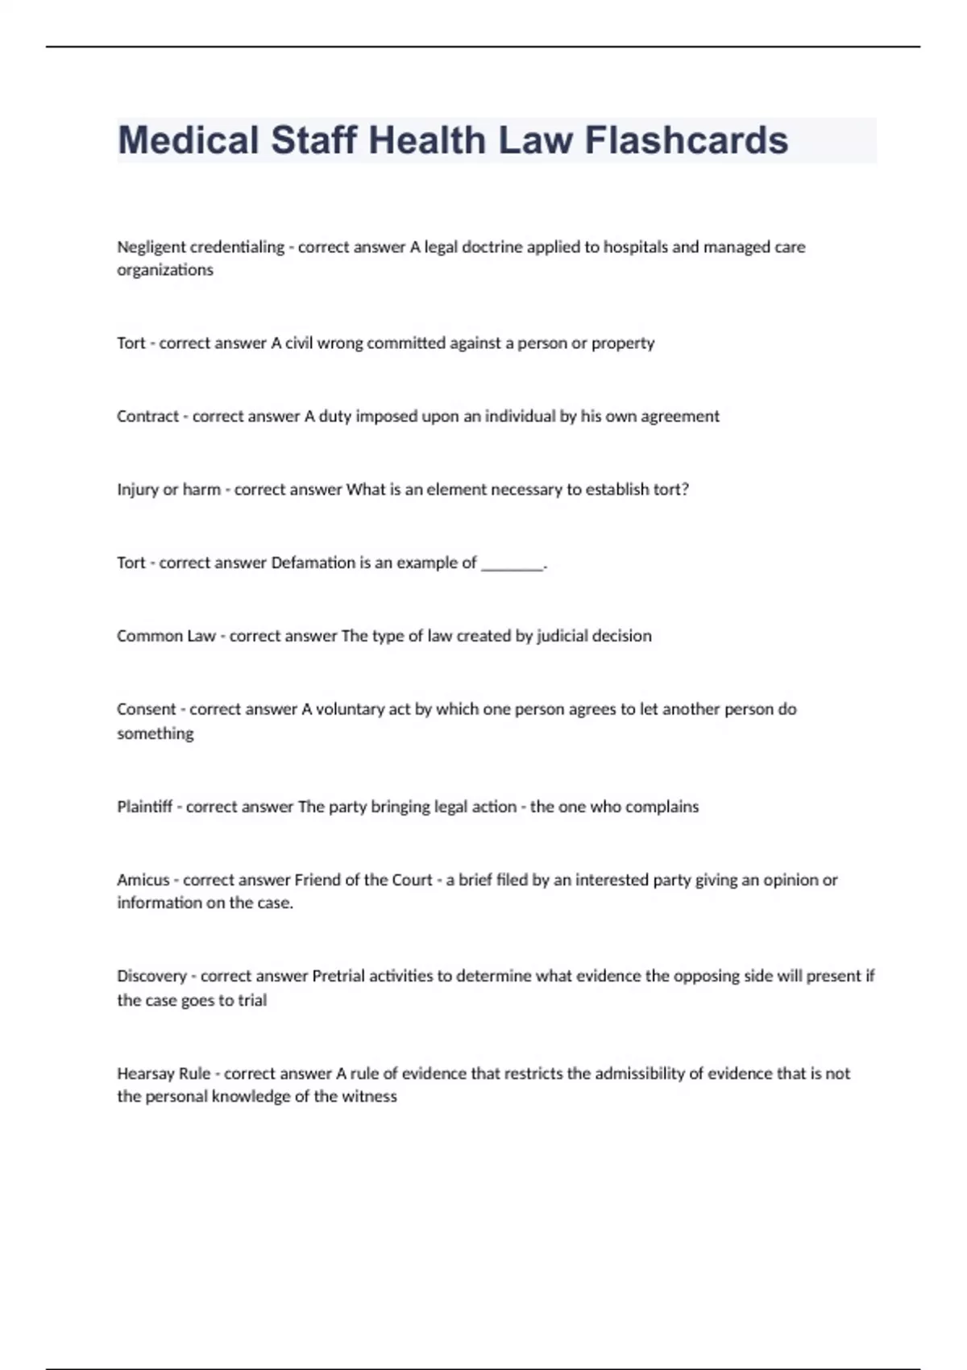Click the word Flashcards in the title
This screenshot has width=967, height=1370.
(686, 140)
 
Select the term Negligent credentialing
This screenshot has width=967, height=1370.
(201, 247)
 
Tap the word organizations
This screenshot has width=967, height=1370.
(165, 270)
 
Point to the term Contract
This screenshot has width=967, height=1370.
(147, 417)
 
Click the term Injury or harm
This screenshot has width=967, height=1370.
(168, 490)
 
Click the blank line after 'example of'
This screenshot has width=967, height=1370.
(513, 565)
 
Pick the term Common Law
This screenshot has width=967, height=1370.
(166, 637)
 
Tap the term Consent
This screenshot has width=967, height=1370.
(146, 710)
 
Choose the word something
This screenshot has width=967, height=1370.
(156, 734)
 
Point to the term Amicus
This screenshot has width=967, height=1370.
(143, 881)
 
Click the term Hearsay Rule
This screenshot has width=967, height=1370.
(164, 1074)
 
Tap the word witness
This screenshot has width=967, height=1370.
(370, 1097)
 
